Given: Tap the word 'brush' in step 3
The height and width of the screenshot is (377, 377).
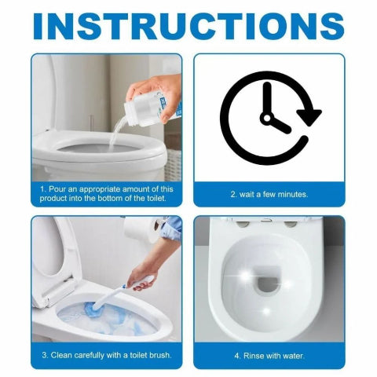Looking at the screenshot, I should point(158,354).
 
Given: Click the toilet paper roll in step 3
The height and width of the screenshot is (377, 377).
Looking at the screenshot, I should point(141,230).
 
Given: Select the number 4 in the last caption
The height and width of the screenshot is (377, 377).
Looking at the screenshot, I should point(236,354).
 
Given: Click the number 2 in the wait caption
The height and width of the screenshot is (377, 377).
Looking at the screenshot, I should point(232,193).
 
